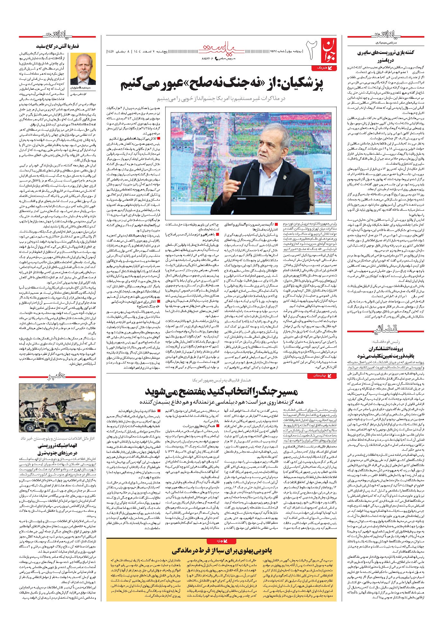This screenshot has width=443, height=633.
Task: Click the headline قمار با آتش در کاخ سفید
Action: (x=78, y=46)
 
